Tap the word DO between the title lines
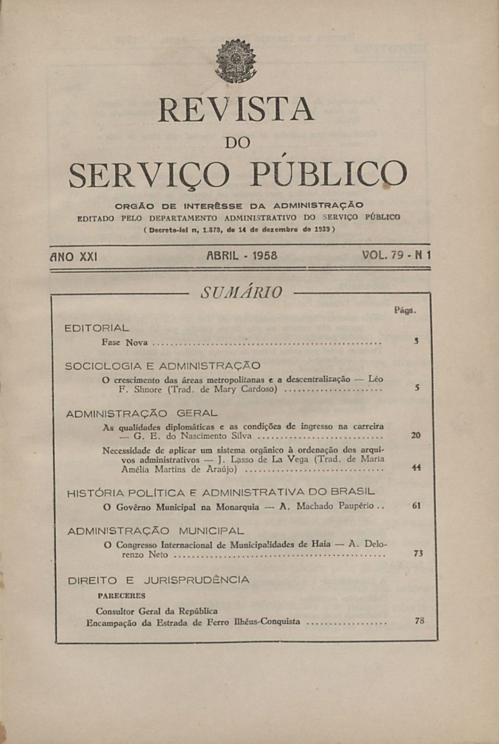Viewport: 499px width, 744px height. [x=238, y=142]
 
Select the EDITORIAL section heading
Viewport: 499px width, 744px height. [x=97, y=328]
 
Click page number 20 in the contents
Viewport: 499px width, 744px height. [x=415, y=435]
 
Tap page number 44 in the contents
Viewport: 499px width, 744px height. [x=415, y=468]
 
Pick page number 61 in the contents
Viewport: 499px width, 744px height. [x=416, y=506]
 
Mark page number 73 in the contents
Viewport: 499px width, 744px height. [x=418, y=553]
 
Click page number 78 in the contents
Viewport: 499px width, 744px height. [x=419, y=620]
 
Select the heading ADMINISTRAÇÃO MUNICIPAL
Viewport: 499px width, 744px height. [x=155, y=531]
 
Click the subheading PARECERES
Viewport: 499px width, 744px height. [x=121, y=595]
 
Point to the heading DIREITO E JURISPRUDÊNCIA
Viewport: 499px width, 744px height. [x=158, y=580]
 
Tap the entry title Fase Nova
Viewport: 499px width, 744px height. [x=124, y=342]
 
